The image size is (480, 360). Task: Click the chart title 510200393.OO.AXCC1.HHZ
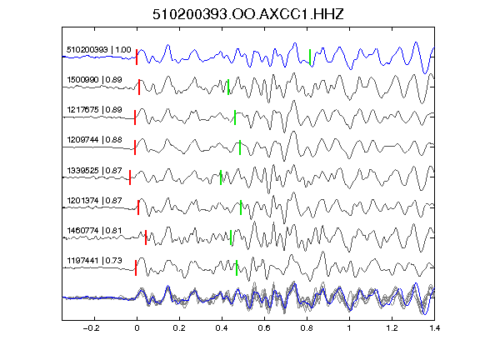coord(248,14)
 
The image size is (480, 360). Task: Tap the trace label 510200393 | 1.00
coord(99,50)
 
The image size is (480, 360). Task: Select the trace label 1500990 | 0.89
coord(95,80)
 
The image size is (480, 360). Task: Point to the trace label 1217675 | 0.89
coord(95,110)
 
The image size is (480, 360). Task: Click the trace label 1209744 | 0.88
coord(95,140)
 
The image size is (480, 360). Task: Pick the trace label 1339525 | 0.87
coord(95,170)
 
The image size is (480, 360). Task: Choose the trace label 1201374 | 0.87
coord(95,201)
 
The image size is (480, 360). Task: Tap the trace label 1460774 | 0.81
coord(95,231)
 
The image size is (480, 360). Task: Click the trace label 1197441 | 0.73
coord(95,261)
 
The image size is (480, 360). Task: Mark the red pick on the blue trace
coord(137,57)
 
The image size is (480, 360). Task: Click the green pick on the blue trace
coord(310,57)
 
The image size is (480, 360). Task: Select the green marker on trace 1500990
coord(228,87)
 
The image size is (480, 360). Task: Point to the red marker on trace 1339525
coord(130,177)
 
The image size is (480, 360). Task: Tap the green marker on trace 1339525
coord(221,177)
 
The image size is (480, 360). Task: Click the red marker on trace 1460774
coord(146,237)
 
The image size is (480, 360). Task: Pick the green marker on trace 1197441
coord(237,267)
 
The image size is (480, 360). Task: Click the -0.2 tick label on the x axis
coord(91,328)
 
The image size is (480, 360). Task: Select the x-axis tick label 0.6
coord(264,328)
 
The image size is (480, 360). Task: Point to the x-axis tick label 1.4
coord(435,328)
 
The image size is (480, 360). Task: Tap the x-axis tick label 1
coord(349,328)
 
